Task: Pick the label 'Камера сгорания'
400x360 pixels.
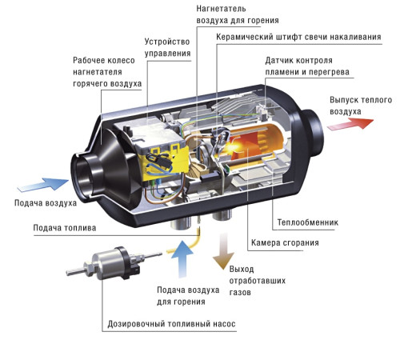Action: tap(285, 242)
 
